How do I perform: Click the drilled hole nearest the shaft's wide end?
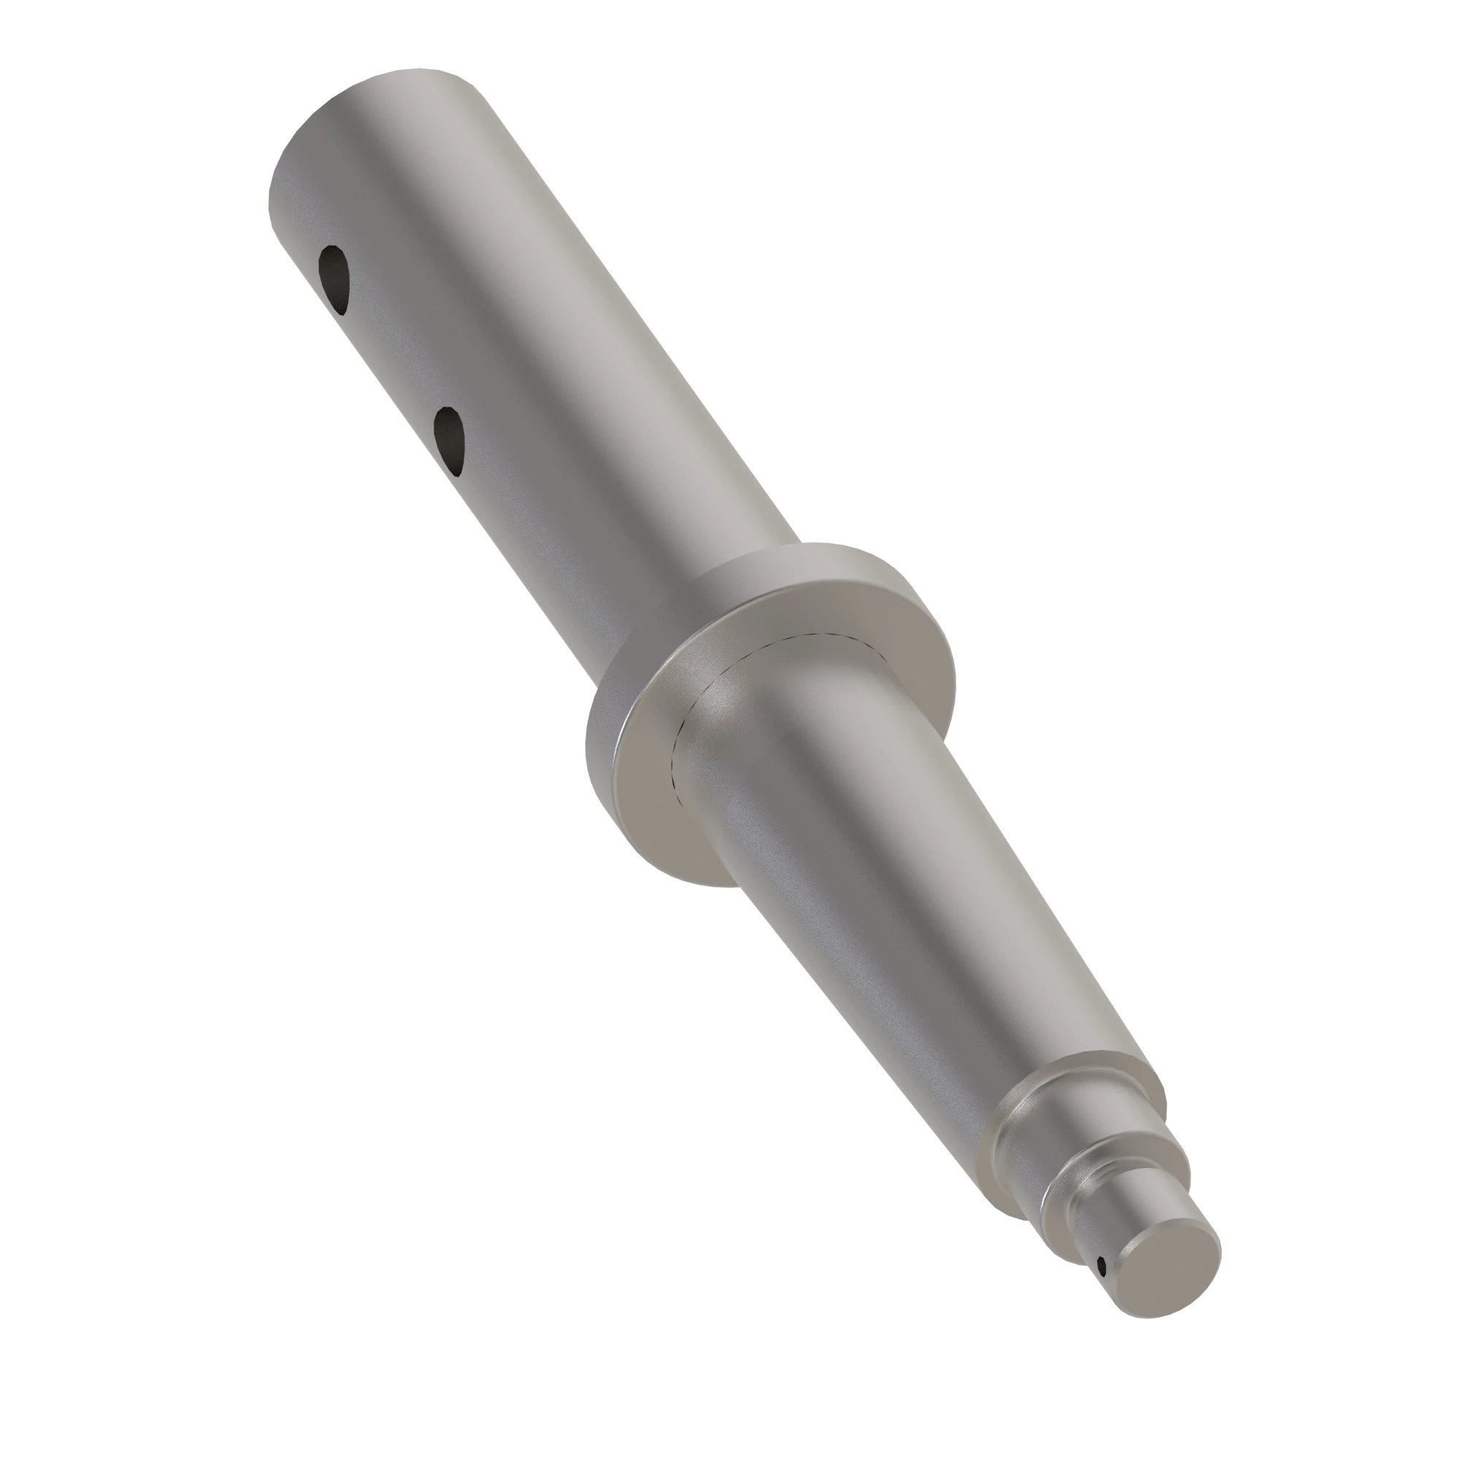tap(334, 278)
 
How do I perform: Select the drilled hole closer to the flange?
tap(449, 441)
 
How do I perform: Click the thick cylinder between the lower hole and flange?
tap(575, 544)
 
